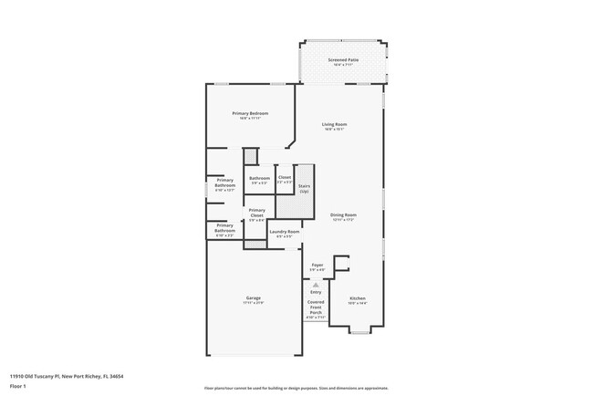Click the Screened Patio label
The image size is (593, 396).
tap(343, 59)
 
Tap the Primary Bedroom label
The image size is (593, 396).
tap(250, 113)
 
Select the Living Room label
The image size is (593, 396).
tap(334, 124)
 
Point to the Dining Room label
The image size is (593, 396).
tap(343, 215)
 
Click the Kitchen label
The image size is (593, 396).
tap(358, 298)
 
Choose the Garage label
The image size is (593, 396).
tap(253, 298)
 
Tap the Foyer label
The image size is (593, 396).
tap(317, 265)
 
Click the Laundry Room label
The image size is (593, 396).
tap(284, 232)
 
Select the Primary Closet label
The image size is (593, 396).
tap(256, 213)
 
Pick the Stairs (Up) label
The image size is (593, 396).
tap(304, 188)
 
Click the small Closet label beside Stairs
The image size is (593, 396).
tap(285, 177)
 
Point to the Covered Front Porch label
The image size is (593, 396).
tap(316, 307)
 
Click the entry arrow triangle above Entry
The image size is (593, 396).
tap(316, 285)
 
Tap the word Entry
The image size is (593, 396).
tap(316, 292)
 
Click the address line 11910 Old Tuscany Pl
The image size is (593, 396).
tap(67, 375)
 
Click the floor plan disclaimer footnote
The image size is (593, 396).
tap(296, 387)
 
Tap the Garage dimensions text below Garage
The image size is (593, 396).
tap(253, 303)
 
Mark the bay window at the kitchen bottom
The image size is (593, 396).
tap(360, 332)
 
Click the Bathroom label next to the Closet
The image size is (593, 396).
tap(259, 178)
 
